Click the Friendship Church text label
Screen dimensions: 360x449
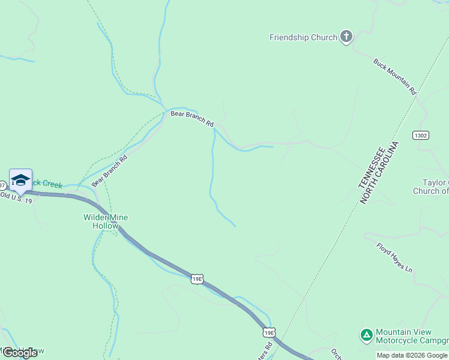[x=303, y=37]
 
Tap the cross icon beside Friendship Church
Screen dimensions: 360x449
[x=346, y=37]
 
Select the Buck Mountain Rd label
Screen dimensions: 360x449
[x=394, y=77]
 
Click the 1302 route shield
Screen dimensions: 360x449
[x=421, y=136]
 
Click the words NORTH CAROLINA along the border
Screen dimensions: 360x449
[x=379, y=173]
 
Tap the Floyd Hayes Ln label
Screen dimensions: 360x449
[x=394, y=258]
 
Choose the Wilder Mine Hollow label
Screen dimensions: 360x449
[x=106, y=221]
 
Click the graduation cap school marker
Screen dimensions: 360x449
[x=20, y=181]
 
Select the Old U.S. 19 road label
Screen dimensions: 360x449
[x=16, y=197]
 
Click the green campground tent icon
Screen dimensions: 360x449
[x=366, y=334]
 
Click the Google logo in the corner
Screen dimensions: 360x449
[x=20, y=352]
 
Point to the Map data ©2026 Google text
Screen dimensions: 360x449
[x=412, y=355]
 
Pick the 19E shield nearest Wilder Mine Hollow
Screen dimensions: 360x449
[x=197, y=278]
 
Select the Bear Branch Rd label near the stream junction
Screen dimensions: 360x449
[x=192, y=118]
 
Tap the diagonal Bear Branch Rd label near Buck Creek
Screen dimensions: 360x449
[x=110, y=171]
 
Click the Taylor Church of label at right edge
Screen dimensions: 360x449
[x=430, y=187]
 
